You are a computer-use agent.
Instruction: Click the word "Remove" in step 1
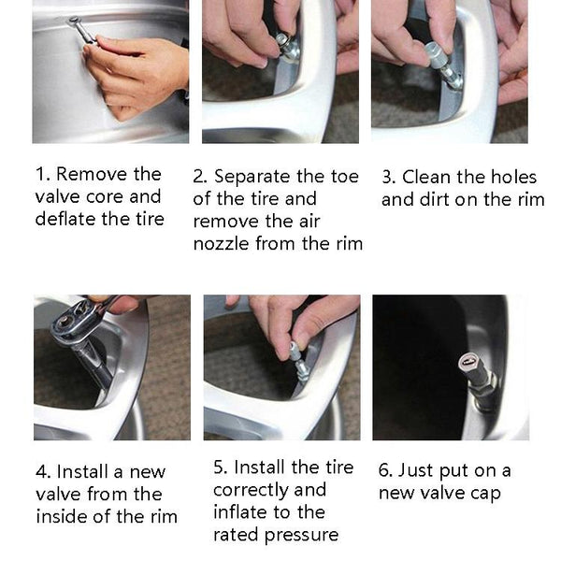pos(92,174)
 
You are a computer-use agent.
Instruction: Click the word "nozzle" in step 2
pos(221,244)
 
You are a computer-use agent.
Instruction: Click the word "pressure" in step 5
pos(301,536)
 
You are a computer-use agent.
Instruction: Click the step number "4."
pos(43,471)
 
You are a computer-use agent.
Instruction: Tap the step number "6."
pos(385,470)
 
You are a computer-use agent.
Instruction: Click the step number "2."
pos(200,177)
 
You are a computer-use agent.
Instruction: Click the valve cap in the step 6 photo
pos(468,362)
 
